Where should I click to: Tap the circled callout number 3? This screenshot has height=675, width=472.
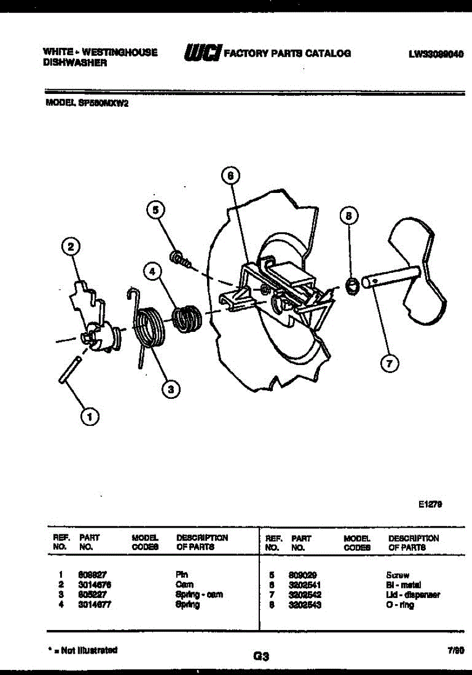point(170,388)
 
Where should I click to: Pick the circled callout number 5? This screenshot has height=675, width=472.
point(156,210)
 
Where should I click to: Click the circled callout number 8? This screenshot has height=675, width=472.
point(349,216)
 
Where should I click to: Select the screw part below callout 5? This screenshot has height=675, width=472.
point(179,259)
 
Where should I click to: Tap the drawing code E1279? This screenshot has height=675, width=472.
point(430,505)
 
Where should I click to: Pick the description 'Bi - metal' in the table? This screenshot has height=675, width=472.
point(403,585)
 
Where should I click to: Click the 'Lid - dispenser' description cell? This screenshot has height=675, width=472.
point(412,595)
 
